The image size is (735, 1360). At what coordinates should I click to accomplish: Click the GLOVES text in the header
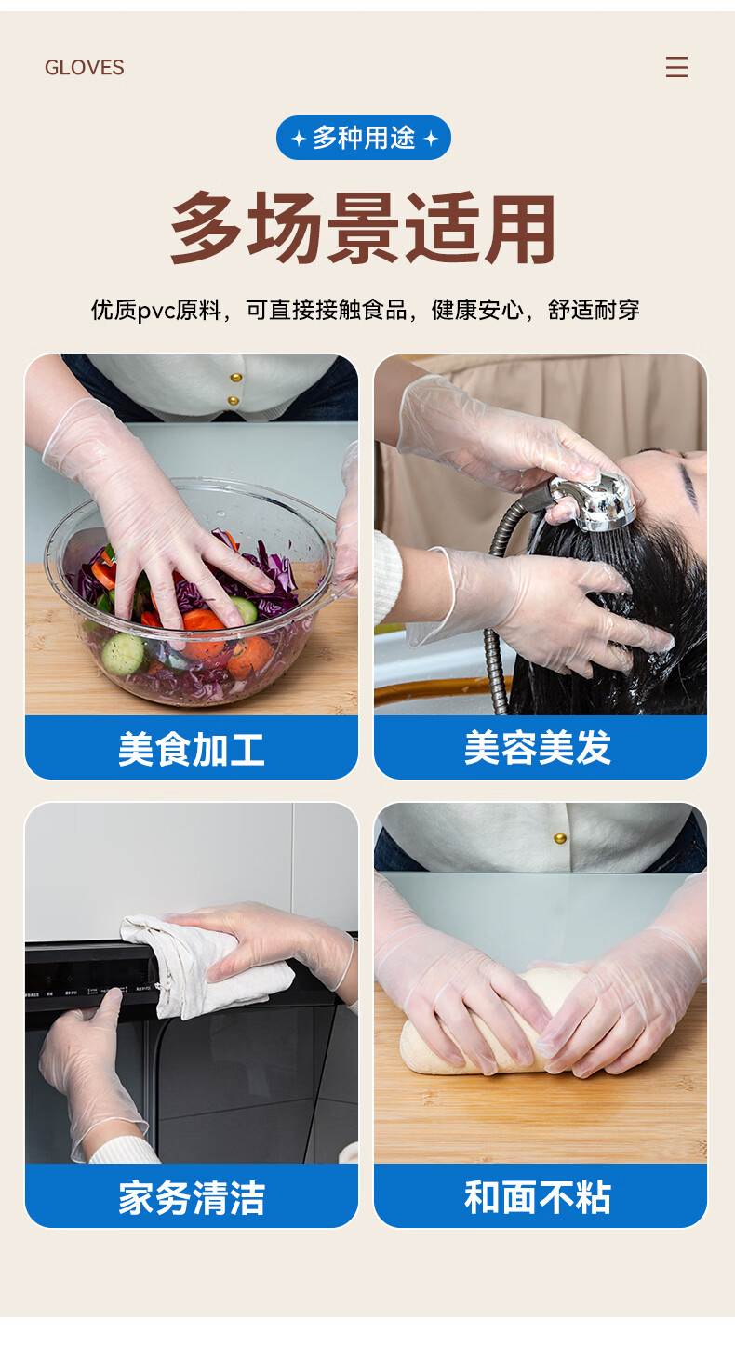tap(85, 67)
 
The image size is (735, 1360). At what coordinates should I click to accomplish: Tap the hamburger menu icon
tap(676, 67)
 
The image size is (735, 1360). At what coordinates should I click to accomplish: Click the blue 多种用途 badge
tap(363, 138)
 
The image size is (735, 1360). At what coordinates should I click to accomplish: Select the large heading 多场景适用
tap(363, 228)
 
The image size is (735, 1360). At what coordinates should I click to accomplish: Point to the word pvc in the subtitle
tap(156, 311)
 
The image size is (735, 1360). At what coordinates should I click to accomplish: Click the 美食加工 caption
tap(192, 749)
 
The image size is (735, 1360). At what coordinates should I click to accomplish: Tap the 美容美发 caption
tap(538, 747)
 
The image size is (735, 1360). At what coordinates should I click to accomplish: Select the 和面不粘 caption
tap(538, 1196)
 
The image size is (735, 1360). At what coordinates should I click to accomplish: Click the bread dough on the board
tap(486, 1026)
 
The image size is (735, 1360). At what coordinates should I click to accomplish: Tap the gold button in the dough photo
tap(560, 838)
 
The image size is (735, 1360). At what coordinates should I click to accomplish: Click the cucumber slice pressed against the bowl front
tap(124, 655)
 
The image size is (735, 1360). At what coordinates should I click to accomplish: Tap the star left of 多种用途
tap(299, 139)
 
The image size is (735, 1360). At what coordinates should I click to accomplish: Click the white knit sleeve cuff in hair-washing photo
tap(386, 577)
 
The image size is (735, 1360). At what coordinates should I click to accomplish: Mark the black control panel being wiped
tap(91, 979)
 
